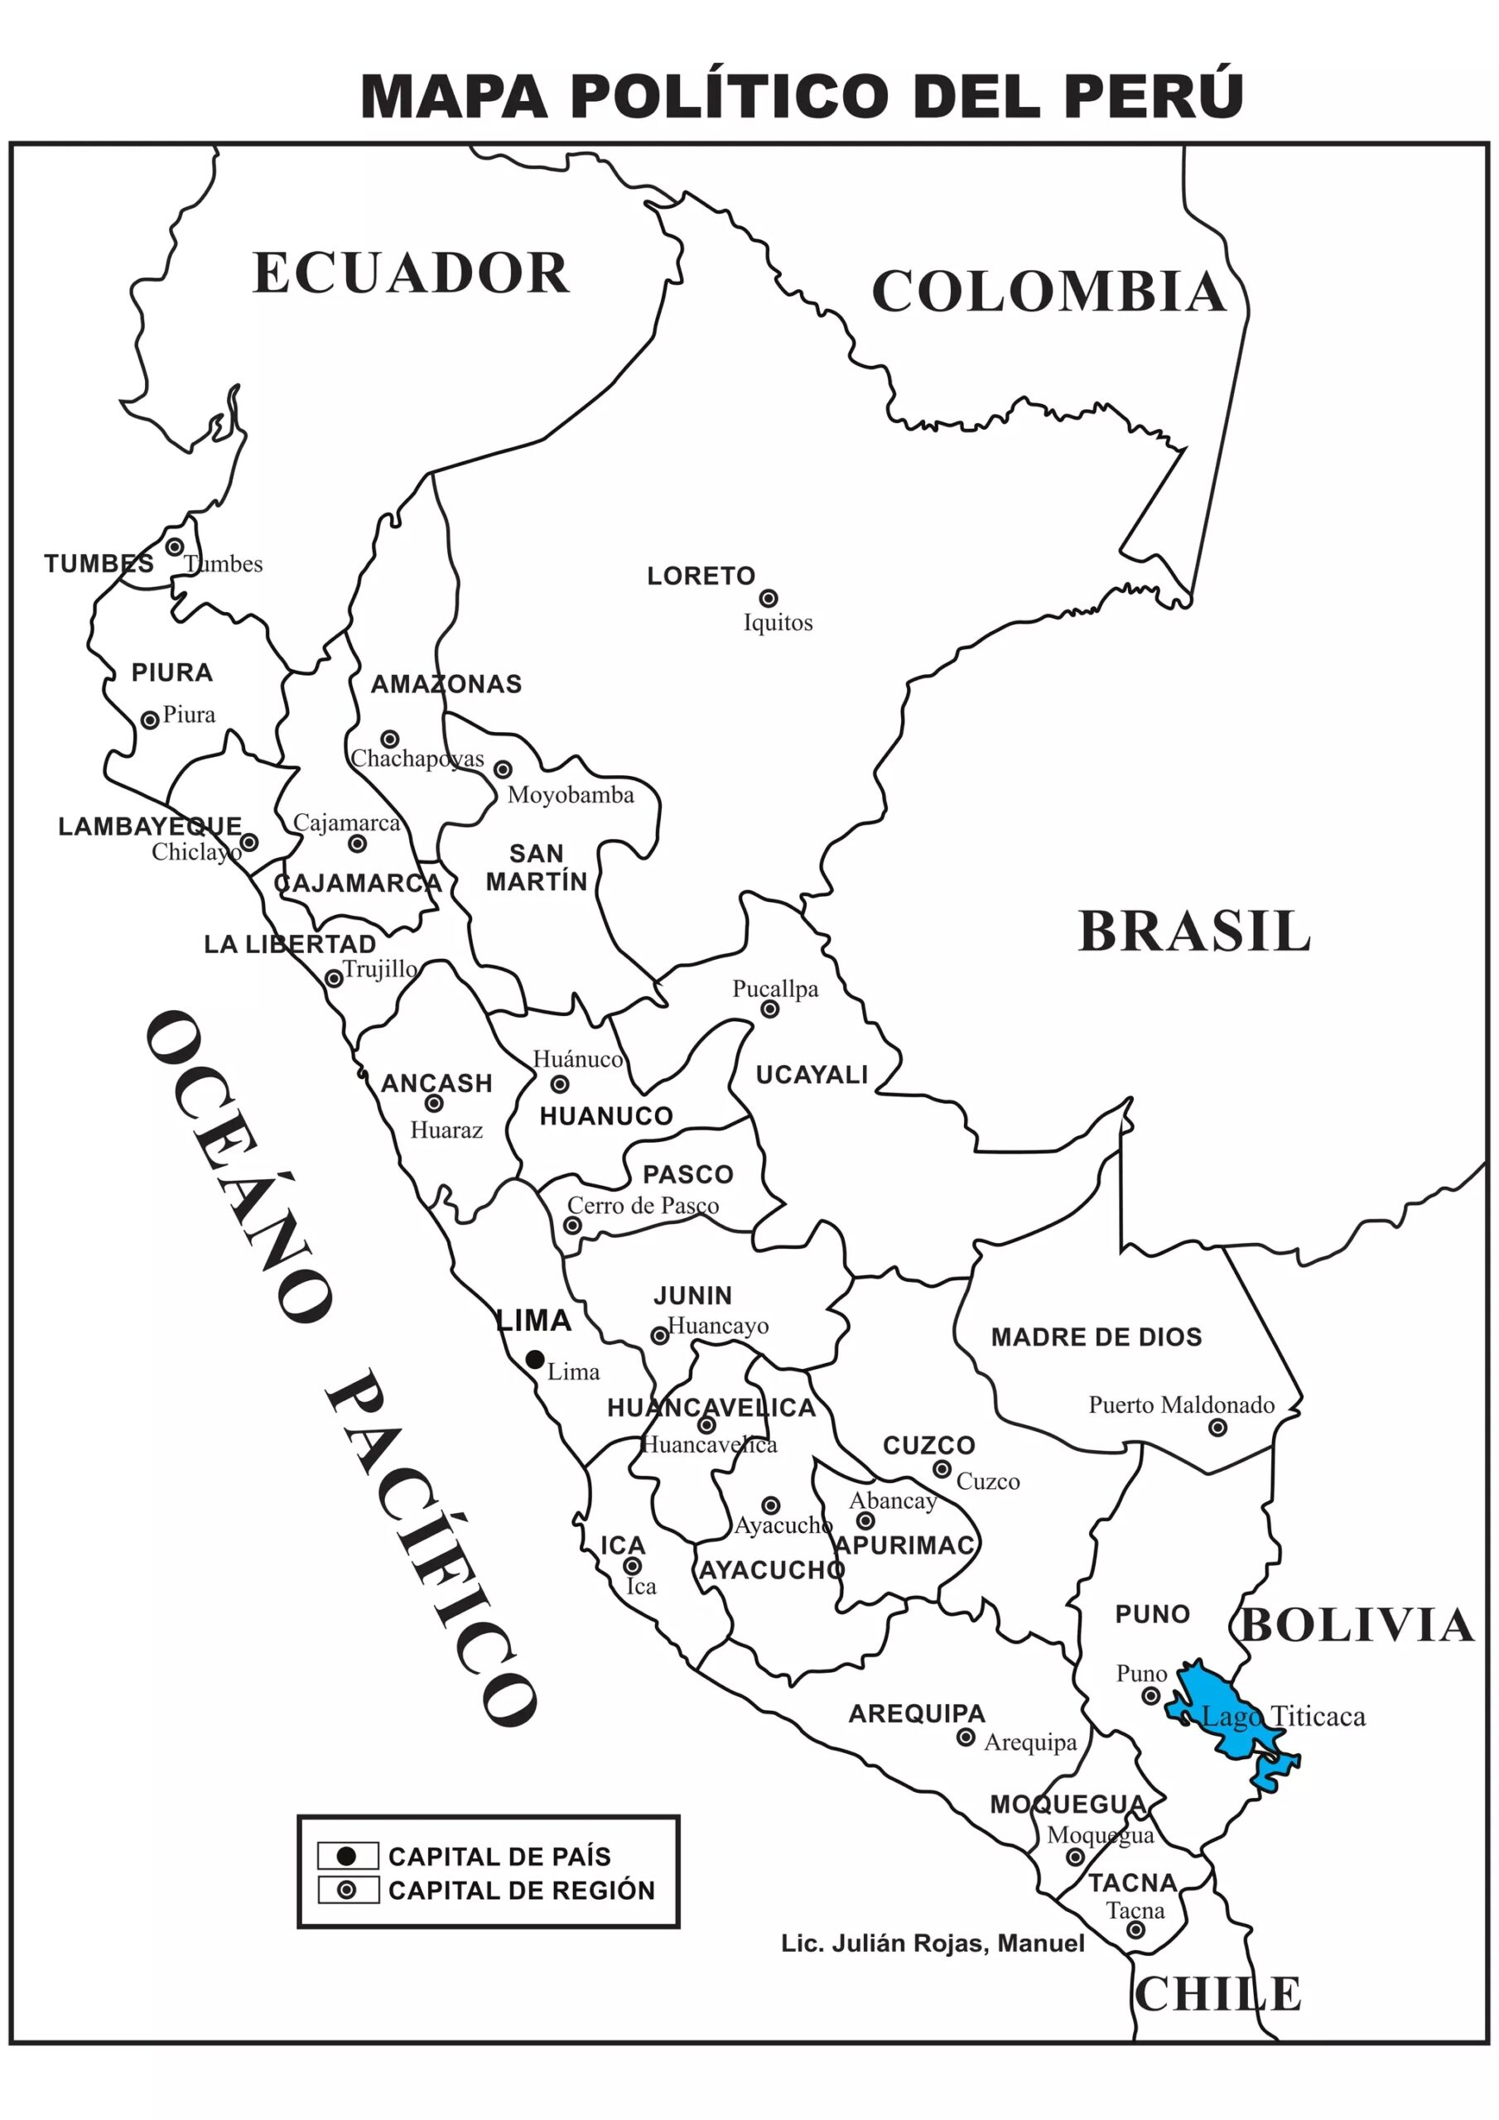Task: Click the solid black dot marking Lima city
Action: coord(535,1359)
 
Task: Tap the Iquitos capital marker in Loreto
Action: coord(768,599)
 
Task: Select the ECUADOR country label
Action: coord(410,273)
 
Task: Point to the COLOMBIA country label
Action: coord(1048,291)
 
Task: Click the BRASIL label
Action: coord(1194,932)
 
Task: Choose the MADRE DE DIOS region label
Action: coord(1097,1337)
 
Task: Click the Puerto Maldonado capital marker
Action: coord(1217,1428)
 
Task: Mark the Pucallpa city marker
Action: coord(769,1009)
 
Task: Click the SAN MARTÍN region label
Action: coord(537,867)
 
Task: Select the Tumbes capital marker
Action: coord(175,547)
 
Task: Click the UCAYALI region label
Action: coord(812,1075)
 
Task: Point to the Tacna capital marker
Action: coord(1135,1930)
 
